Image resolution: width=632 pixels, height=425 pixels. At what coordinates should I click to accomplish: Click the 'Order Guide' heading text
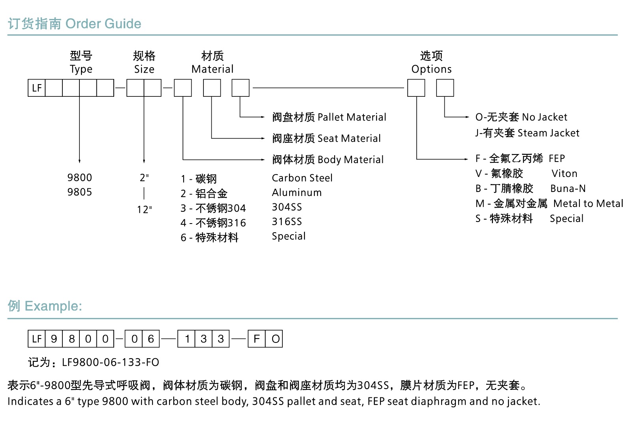(x=103, y=24)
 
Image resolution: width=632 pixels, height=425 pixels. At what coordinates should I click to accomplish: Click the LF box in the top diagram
(x=37, y=88)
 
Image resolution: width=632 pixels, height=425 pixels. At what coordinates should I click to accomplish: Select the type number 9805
(x=79, y=192)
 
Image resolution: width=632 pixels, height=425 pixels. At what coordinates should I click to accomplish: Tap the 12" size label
(x=144, y=209)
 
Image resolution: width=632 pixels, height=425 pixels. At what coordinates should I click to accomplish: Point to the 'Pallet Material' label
(x=352, y=117)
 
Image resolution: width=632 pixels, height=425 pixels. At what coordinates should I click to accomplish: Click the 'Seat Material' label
(x=349, y=139)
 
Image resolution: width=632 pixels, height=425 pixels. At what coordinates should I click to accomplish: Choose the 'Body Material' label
(x=350, y=160)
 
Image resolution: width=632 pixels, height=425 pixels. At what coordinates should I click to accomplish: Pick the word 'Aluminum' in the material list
(x=297, y=192)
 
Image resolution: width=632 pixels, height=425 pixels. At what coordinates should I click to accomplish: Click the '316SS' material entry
(x=287, y=222)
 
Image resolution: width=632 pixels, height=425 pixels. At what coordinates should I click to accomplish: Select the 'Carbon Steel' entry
(x=302, y=178)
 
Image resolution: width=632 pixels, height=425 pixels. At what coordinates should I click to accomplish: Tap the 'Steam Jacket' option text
(x=548, y=133)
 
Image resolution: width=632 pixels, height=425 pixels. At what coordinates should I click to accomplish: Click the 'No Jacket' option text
(x=544, y=117)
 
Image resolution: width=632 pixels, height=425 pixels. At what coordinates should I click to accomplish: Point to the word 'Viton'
(x=564, y=174)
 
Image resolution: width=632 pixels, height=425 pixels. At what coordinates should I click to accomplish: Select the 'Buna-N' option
(x=568, y=188)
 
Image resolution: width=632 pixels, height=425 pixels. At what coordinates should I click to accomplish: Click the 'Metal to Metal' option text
(x=588, y=203)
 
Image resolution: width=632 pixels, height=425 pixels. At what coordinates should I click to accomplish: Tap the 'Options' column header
(x=431, y=69)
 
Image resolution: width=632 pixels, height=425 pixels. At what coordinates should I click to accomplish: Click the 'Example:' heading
(x=53, y=306)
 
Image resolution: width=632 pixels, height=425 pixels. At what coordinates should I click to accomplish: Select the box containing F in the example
(x=257, y=339)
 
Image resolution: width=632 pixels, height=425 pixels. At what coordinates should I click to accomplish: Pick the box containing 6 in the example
(x=151, y=339)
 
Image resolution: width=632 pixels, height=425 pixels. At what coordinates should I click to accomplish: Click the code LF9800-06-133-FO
(x=111, y=362)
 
